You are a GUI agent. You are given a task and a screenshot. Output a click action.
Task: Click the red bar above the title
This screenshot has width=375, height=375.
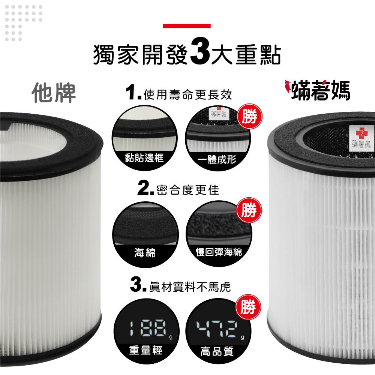tap(186, 26)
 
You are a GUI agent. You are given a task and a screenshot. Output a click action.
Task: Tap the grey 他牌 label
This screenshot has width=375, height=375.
tap(54, 93)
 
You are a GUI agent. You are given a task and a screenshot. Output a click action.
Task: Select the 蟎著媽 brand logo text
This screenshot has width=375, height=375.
tap(321, 91)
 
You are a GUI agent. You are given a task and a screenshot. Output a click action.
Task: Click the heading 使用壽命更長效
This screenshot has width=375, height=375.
tap(188, 95)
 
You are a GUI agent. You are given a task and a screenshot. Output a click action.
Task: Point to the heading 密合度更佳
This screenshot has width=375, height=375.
tap(188, 190)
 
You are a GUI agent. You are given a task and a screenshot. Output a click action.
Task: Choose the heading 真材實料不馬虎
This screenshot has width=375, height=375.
tap(190, 287)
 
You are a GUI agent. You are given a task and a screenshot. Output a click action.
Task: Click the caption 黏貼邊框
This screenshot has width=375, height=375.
tap(144, 157)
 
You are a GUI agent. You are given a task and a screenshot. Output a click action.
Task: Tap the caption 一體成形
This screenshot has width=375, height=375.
tap(217, 159)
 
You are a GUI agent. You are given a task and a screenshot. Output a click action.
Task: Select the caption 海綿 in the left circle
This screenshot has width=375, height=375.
tap(145, 253)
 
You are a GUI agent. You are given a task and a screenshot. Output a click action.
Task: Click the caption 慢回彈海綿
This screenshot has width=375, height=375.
tap(219, 252)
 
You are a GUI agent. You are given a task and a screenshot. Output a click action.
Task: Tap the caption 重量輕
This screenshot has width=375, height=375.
tap(146, 350)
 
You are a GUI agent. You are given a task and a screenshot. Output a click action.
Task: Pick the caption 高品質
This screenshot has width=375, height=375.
tap(217, 351)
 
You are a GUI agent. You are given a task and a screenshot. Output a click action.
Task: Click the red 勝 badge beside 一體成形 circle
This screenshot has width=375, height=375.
tap(250, 117)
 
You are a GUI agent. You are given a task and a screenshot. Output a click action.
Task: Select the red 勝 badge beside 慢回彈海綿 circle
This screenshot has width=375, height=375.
tap(249, 210)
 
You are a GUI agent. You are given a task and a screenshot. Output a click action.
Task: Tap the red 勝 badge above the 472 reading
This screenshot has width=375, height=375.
tap(248, 307)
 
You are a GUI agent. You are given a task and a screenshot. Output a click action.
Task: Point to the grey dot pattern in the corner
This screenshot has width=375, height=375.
tap(24, 23)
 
